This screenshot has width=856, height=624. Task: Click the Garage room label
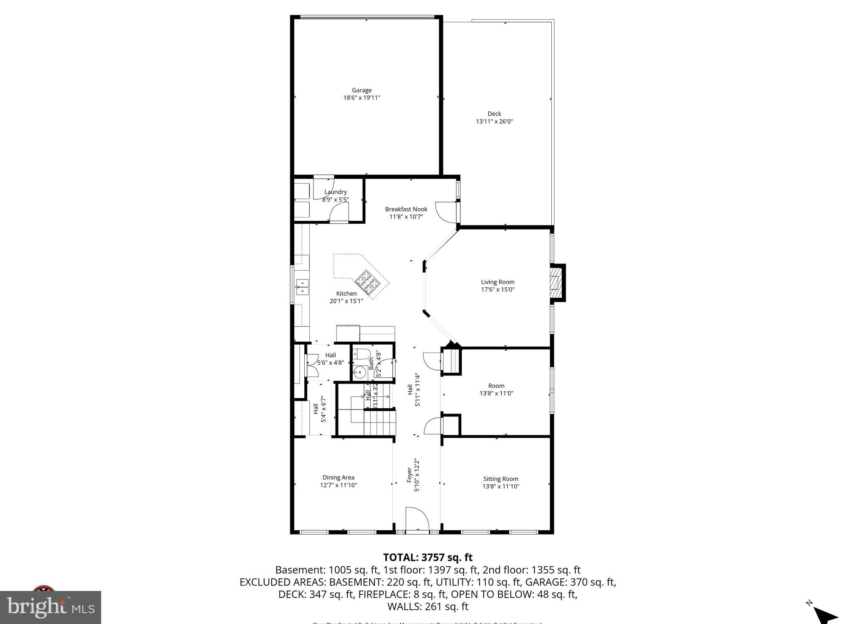coord(362,90)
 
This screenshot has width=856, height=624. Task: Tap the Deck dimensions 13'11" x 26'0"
coord(494,121)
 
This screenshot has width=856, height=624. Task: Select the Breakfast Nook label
coord(406,209)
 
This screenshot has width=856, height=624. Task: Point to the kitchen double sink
coord(302,287)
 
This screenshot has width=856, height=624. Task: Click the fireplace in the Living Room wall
coord(555,282)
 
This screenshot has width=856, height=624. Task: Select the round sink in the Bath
coord(359,371)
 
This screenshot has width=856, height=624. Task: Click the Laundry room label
coord(335,192)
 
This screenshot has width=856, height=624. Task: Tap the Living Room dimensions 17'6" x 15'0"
coord(497,289)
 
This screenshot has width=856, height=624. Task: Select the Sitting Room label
coord(501,479)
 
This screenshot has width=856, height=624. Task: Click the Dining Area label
coord(338,477)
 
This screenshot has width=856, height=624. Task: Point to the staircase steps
coord(379,422)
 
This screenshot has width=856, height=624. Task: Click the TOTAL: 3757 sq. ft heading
coord(428,557)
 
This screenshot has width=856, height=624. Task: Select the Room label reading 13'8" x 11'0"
coord(496,386)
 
